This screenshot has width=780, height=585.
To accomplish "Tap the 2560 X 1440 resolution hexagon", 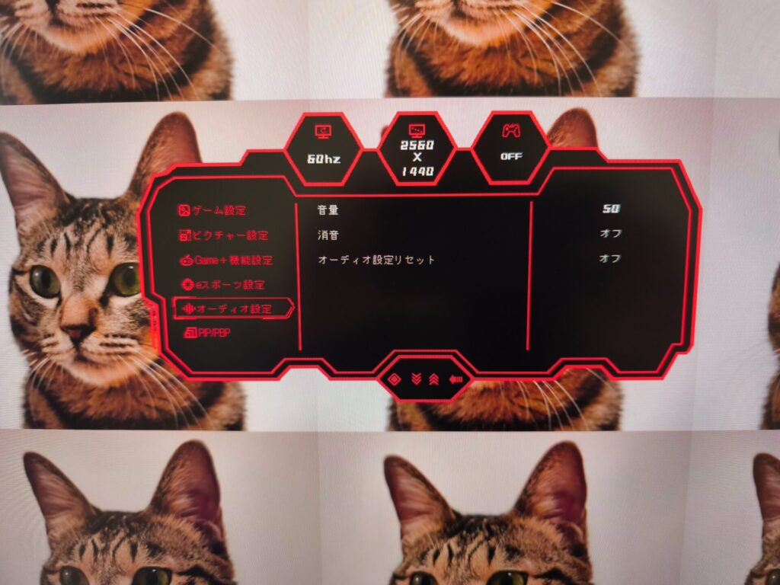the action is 417,149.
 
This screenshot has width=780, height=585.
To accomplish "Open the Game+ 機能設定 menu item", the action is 226,261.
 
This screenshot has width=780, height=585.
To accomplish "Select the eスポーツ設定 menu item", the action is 223,285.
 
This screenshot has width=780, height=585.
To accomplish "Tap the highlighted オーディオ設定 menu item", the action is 233,308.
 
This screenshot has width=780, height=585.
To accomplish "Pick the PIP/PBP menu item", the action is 207,332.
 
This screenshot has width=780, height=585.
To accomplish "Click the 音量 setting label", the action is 328,210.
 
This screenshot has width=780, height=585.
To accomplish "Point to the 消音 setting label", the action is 328,235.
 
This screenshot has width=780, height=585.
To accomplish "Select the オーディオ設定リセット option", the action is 376,260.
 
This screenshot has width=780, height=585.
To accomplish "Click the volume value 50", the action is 611,209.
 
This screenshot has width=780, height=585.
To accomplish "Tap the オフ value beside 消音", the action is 610,233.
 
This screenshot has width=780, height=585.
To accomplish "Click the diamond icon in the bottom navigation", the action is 395,380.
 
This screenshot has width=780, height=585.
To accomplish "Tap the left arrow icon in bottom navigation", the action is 456,379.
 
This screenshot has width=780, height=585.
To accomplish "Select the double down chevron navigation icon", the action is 417,379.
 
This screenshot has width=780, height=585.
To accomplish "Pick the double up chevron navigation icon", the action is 433,379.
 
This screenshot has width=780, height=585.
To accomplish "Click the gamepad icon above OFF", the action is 511,131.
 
